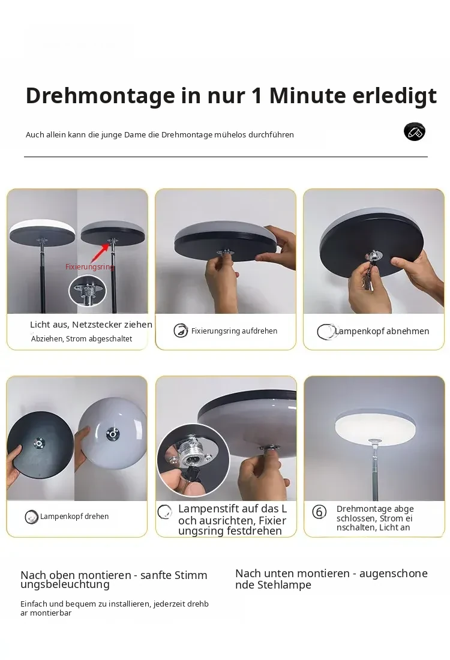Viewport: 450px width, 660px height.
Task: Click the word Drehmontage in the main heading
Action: tap(100, 97)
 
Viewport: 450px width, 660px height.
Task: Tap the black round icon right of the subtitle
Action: tap(414, 131)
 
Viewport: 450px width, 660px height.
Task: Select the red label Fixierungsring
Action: tap(89, 267)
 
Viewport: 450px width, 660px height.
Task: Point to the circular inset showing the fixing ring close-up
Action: tap(88, 291)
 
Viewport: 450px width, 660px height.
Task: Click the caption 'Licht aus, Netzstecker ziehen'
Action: tap(91, 325)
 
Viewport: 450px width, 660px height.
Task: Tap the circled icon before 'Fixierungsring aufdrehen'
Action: tap(181, 331)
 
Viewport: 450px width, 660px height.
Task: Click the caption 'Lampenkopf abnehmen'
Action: tap(382, 331)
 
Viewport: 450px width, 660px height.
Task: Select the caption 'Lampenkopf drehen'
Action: tap(74, 517)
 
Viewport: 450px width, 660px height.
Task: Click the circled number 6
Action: tap(319, 512)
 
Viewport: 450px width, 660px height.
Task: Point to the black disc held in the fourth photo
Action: tap(40, 445)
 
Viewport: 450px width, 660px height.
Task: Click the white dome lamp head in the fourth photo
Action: tap(112, 433)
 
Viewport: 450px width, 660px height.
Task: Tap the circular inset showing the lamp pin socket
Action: tap(193, 460)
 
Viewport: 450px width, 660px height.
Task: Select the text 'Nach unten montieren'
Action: tap(293, 573)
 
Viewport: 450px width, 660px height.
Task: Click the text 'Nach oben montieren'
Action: tap(76, 575)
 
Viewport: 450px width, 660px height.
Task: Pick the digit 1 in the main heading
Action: tap(257, 96)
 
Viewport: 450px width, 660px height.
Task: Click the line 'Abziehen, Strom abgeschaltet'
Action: tap(82, 339)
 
